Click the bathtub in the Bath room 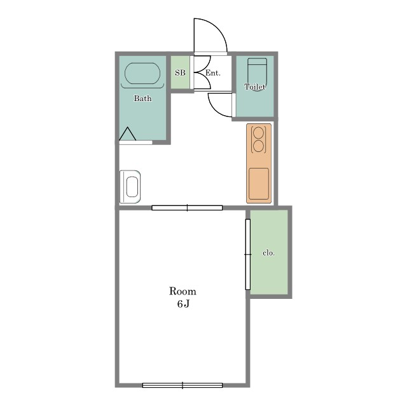(142, 74)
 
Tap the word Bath (142, 99)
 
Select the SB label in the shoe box (180, 72)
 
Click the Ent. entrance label (213, 73)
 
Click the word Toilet (255, 86)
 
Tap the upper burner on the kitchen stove (258, 133)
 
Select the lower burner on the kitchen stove (258, 146)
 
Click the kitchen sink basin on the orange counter (259, 184)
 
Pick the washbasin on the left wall (130, 186)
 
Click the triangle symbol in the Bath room (127, 134)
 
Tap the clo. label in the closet (268, 253)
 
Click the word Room (183, 291)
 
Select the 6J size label (183, 303)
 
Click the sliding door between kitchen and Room (187, 208)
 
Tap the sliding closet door (248, 254)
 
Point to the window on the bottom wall (183, 385)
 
